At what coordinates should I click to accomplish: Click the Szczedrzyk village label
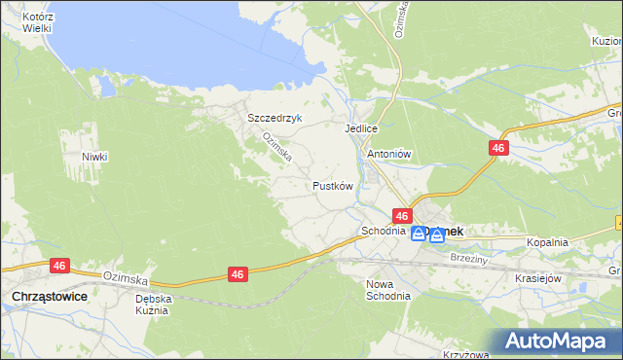tap(275, 118)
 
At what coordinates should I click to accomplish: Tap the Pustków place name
tap(331, 185)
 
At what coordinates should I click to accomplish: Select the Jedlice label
tap(360, 128)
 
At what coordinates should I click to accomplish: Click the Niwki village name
tap(94, 157)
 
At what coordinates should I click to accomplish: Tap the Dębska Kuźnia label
tap(153, 305)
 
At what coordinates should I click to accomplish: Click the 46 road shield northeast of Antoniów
tap(498, 148)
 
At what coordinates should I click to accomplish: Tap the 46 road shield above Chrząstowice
tap(58, 265)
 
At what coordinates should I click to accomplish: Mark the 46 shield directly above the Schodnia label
tap(402, 215)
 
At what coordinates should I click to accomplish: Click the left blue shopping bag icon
tap(418, 234)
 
